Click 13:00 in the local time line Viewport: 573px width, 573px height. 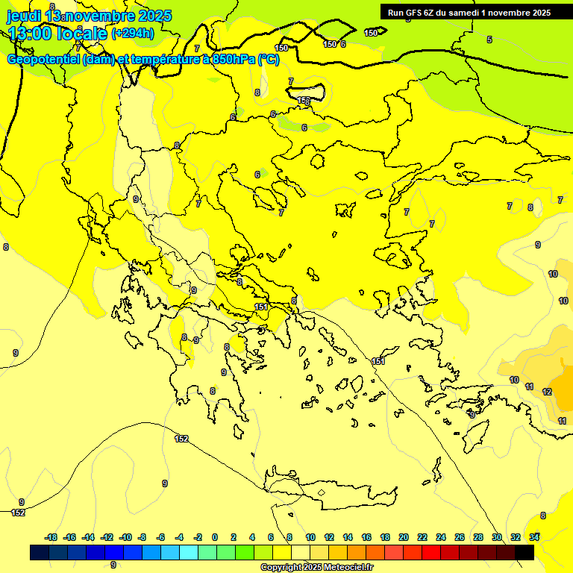(x=28, y=33)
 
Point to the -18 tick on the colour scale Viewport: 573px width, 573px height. (x=51, y=537)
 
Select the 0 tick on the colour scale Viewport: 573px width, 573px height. (x=215, y=537)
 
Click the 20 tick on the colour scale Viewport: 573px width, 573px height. (x=403, y=537)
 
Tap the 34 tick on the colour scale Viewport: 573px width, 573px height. (x=534, y=537)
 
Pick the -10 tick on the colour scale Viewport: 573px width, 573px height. (x=125, y=537)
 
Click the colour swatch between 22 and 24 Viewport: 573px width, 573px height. (x=431, y=552)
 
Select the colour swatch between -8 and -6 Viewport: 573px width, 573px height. (x=151, y=552)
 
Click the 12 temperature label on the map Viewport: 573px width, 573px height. (x=547, y=392)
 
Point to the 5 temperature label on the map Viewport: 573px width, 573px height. (x=489, y=40)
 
